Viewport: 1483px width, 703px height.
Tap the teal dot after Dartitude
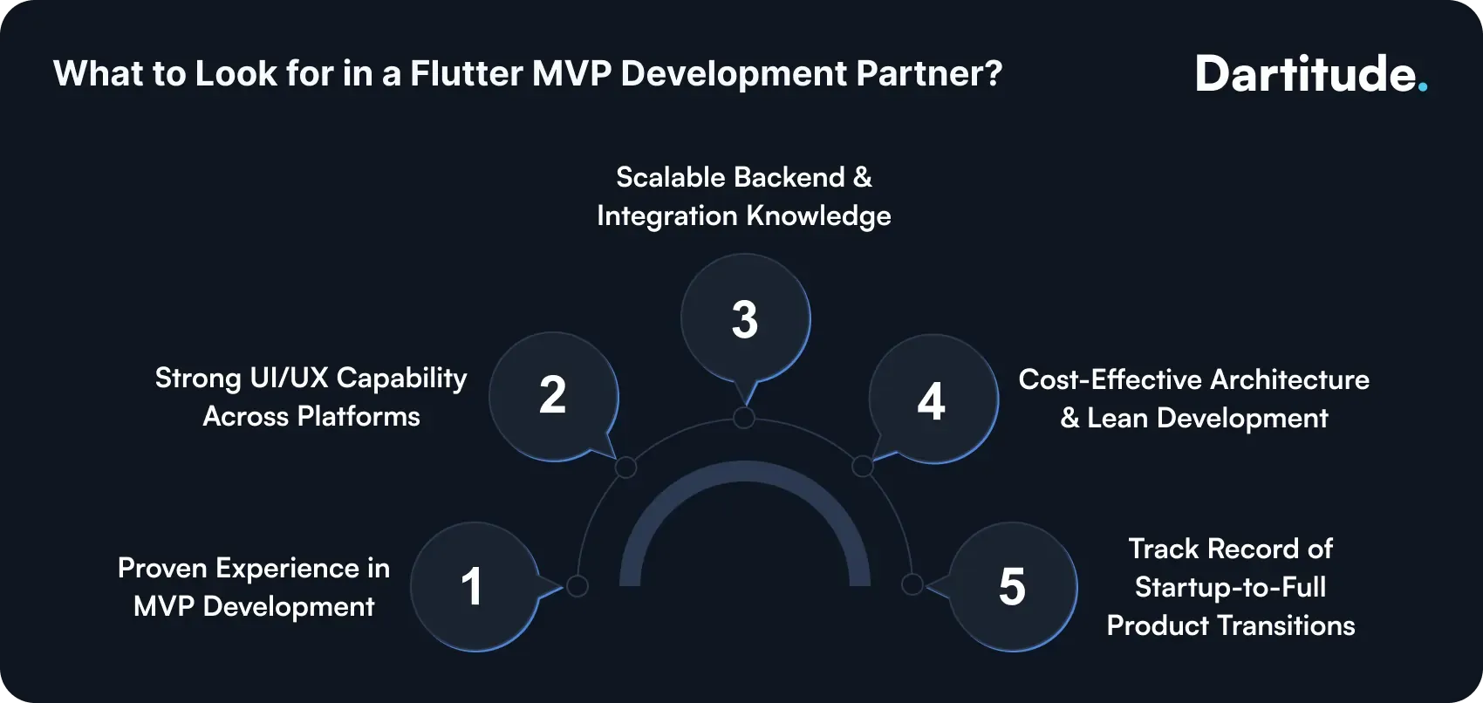click(1423, 87)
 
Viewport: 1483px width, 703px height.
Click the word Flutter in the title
click(466, 74)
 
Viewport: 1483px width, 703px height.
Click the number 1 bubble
click(473, 586)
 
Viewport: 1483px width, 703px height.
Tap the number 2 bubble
click(553, 396)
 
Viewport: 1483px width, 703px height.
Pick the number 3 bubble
click(745, 319)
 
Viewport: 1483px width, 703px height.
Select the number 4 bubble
click(932, 400)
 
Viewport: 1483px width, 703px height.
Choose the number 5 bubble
click(1012, 586)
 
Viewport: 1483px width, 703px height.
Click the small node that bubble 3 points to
click(744, 418)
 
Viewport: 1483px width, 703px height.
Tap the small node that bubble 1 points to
click(577, 585)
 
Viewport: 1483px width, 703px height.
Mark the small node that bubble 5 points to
click(912, 584)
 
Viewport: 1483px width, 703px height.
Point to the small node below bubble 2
click(625, 468)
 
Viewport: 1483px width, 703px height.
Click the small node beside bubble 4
click(863, 467)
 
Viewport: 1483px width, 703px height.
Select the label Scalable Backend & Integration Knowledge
click(744, 196)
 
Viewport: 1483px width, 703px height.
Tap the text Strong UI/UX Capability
click(311, 379)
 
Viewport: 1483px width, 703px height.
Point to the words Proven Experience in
click(253, 569)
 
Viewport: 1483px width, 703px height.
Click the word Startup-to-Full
click(1230, 587)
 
